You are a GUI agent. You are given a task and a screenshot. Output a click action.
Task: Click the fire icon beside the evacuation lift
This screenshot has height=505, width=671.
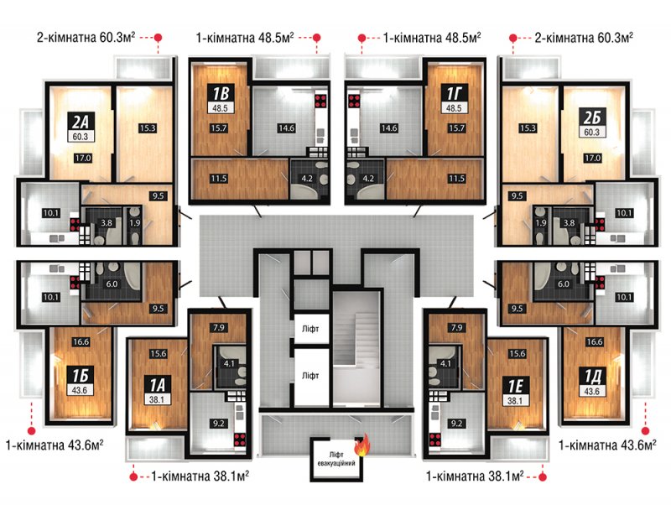[362, 445]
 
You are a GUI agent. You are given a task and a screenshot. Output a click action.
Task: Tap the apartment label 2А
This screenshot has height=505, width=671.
[81, 122]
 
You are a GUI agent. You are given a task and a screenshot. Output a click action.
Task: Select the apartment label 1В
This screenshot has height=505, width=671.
[220, 93]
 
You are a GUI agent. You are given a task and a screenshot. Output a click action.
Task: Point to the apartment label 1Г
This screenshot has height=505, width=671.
[454, 93]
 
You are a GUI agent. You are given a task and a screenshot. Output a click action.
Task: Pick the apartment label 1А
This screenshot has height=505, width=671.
[157, 385]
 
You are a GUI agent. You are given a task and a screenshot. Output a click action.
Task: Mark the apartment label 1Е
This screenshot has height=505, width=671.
[516, 385]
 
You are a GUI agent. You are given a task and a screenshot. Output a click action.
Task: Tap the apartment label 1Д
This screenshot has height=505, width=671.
[593, 376]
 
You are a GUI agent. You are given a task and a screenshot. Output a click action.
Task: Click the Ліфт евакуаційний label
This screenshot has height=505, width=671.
[336, 459]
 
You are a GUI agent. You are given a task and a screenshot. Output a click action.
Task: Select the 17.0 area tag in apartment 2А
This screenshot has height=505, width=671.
[82, 158]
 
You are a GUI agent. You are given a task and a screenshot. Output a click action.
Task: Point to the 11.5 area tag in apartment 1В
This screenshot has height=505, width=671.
[218, 179]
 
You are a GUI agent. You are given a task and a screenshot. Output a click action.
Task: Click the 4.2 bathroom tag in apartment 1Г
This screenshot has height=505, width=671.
[368, 179]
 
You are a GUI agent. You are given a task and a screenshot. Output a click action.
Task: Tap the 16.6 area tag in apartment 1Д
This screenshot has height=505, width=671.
[595, 342]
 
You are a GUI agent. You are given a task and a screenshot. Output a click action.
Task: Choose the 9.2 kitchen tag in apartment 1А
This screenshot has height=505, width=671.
[218, 424]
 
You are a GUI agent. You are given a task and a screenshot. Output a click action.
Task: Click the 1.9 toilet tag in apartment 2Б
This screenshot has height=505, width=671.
[541, 222]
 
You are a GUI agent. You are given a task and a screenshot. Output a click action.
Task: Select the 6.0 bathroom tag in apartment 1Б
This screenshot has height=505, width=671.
[112, 284]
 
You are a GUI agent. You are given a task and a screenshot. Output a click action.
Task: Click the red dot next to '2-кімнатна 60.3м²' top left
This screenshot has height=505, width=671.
[158, 38]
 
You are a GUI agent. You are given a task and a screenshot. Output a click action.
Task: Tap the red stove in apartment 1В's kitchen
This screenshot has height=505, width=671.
[320, 101]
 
